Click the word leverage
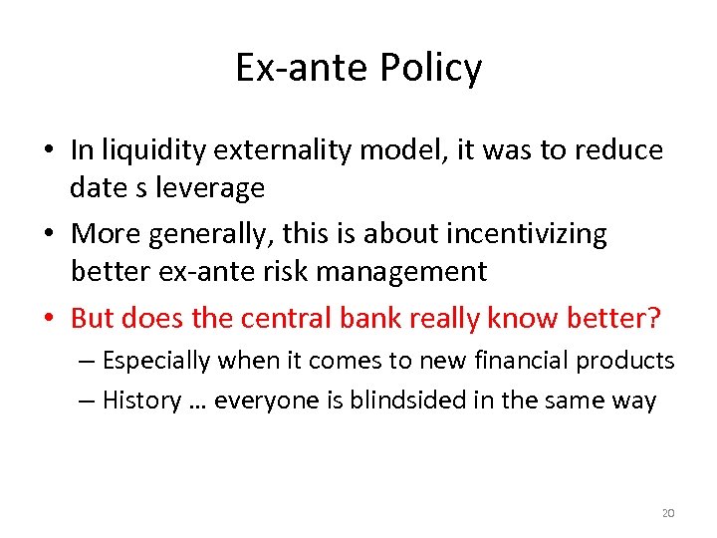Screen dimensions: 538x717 pyautogui.click(x=217, y=187)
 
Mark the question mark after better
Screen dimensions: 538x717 pyautogui.click(x=653, y=318)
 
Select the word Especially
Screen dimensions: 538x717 pyautogui.click(x=155, y=361)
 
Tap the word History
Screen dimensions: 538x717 pyautogui.click(x=141, y=401)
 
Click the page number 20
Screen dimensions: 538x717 pyautogui.click(x=668, y=513)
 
